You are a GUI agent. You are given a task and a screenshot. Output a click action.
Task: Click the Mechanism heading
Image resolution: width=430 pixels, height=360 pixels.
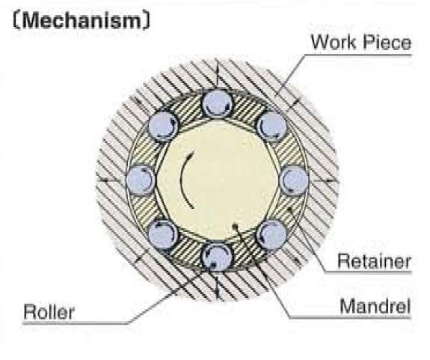(x=82, y=21)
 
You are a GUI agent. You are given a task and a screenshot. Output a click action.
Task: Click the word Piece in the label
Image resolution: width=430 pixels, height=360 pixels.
(x=387, y=43)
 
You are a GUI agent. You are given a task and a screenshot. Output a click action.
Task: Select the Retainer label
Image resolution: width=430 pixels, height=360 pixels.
(x=374, y=261)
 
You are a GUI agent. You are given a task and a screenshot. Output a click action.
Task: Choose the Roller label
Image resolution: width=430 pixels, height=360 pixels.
(x=49, y=311)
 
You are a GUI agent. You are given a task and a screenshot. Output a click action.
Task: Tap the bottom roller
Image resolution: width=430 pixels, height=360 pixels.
(x=217, y=257)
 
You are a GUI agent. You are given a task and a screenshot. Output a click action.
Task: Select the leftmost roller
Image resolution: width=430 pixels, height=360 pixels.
(x=141, y=180)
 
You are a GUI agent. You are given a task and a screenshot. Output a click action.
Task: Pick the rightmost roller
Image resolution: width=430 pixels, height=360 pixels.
(x=294, y=180)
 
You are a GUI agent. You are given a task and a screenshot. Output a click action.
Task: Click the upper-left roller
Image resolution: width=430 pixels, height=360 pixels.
(x=163, y=126)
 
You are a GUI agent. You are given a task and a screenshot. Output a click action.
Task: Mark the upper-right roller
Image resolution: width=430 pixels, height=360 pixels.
(x=271, y=126)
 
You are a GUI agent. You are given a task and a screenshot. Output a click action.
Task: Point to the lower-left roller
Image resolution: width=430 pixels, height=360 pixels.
(x=163, y=234)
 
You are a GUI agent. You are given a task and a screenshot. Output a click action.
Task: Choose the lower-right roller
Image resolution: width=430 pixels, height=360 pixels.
(x=271, y=234)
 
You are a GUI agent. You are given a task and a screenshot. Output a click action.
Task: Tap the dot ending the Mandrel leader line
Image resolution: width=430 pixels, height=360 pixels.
(x=235, y=226)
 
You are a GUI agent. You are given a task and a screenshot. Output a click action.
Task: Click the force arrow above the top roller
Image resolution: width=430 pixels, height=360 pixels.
(x=217, y=73)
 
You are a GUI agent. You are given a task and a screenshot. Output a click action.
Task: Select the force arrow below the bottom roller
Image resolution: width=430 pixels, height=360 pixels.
(x=218, y=286)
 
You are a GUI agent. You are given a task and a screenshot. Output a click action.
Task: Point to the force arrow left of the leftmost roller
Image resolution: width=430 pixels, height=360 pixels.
(x=110, y=180)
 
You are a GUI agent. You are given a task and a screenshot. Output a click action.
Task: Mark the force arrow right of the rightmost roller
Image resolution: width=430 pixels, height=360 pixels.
(x=324, y=180)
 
